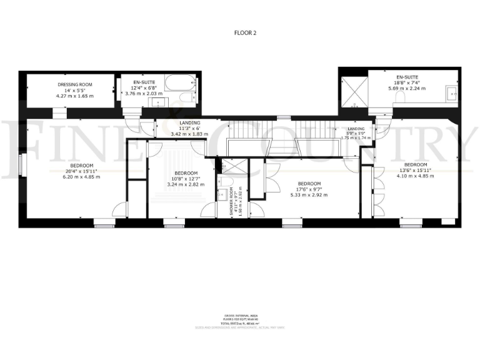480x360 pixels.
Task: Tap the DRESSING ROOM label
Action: point(75,84)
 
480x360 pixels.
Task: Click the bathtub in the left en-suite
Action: point(179,83)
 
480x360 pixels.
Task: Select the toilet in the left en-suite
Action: point(186,99)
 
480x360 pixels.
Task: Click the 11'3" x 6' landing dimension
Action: point(189,129)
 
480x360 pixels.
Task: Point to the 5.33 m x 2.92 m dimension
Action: point(309,195)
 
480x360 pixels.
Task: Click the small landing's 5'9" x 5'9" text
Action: point(356,133)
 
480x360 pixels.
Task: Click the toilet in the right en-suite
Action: point(403,99)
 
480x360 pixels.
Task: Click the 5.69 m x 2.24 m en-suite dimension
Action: point(406,89)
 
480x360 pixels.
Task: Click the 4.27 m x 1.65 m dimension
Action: point(75,96)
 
